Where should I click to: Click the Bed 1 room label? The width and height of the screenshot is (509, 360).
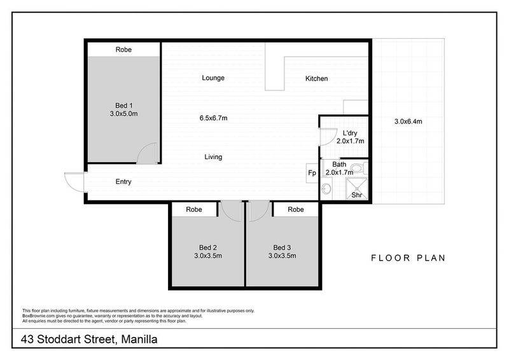(123, 106)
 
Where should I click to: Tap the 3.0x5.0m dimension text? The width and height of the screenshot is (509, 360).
(123, 114)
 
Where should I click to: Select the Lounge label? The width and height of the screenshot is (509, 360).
(213, 78)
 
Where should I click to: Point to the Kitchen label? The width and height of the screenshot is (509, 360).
(316, 79)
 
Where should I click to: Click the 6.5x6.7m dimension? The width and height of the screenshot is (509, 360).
(213, 118)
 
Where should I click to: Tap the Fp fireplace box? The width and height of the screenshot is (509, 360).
(312, 173)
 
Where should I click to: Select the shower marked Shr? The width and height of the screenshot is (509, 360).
(357, 188)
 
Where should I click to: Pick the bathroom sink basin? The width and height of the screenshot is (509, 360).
(326, 189)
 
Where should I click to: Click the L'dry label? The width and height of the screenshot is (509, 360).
(350, 133)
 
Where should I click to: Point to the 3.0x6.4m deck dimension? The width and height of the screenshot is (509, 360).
(408, 121)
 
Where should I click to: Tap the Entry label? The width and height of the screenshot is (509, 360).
(123, 181)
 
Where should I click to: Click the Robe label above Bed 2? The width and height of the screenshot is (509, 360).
(194, 210)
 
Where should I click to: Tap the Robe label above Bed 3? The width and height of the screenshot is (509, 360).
(296, 210)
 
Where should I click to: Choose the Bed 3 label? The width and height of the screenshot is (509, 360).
(282, 247)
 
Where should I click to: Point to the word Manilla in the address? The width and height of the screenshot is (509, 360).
(139, 340)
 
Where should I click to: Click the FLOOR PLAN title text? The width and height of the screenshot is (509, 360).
(408, 258)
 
